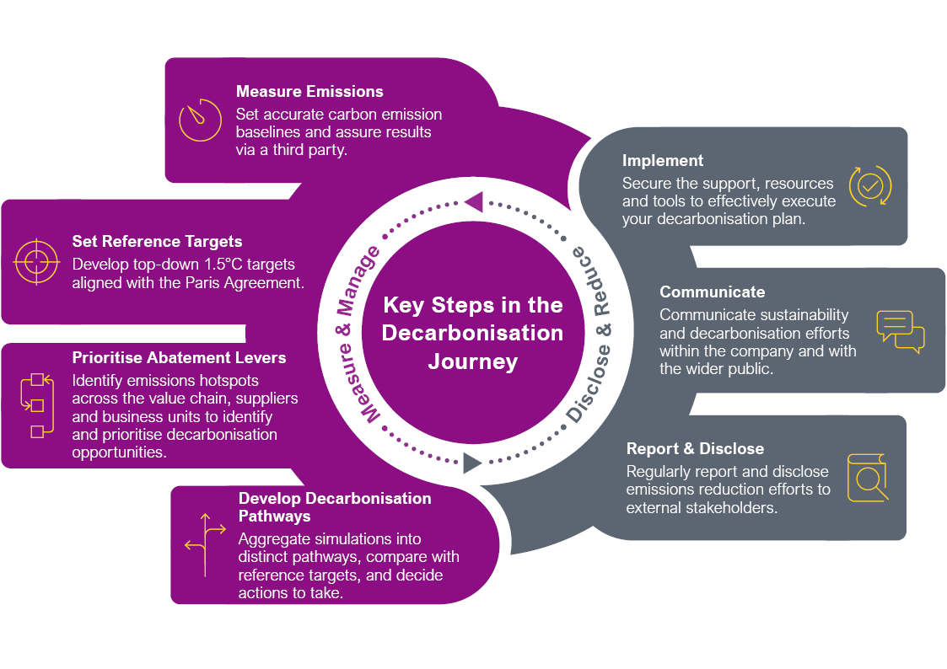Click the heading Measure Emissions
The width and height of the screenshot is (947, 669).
[x=309, y=92]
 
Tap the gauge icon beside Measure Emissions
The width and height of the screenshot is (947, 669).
[x=200, y=120]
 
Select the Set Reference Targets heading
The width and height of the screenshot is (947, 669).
[x=157, y=242]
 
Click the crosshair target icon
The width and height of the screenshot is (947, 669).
[x=36, y=261]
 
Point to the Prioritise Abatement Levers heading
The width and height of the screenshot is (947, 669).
[x=179, y=358]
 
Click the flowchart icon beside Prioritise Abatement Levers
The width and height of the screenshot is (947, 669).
[x=36, y=405]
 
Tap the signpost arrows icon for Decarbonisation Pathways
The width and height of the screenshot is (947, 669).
[x=205, y=544]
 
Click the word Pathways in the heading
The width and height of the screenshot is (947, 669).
[x=275, y=516]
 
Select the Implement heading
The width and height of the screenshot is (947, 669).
[x=663, y=161]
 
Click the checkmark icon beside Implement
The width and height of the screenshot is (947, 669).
[x=869, y=186]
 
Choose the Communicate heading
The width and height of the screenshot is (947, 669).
[x=712, y=292]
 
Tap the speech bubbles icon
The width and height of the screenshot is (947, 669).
[x=900, y=331]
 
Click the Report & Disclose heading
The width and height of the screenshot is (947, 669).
[x=695, y=449]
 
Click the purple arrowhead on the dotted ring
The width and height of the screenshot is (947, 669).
[x=473, y=201]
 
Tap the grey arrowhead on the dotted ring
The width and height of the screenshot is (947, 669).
[x=472, y=463]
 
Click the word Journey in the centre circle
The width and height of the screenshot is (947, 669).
[x=472, y=361]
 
